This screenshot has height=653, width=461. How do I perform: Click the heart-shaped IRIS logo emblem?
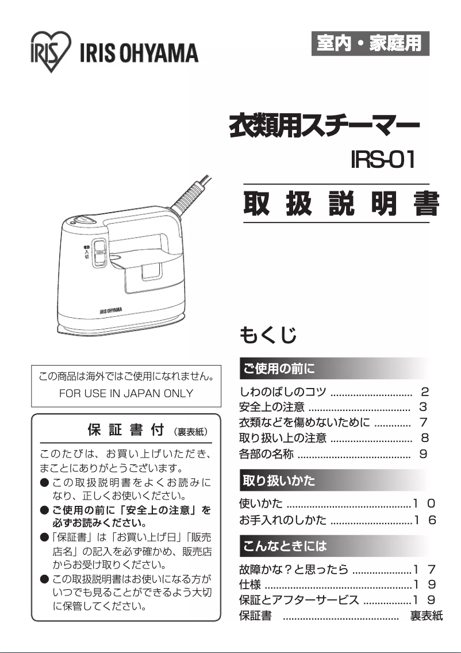(51, 51)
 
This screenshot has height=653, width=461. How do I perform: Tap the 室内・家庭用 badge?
(371, 44)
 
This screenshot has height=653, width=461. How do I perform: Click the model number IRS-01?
(383, 160)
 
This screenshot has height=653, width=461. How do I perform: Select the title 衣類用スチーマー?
(324, 125)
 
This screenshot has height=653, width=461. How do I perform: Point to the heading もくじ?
(268, 335)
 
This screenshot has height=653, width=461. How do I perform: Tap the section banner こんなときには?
(285, 545)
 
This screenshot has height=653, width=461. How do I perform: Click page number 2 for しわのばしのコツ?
(425, 393)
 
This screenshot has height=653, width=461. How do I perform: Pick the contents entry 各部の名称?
(266, 454)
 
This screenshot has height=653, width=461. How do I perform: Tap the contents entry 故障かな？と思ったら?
(294, 570)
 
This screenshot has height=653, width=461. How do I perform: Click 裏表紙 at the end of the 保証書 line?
(426, 616)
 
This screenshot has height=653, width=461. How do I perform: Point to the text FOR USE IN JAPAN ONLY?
(126, 394)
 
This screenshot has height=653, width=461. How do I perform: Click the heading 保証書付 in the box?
(126, 430)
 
